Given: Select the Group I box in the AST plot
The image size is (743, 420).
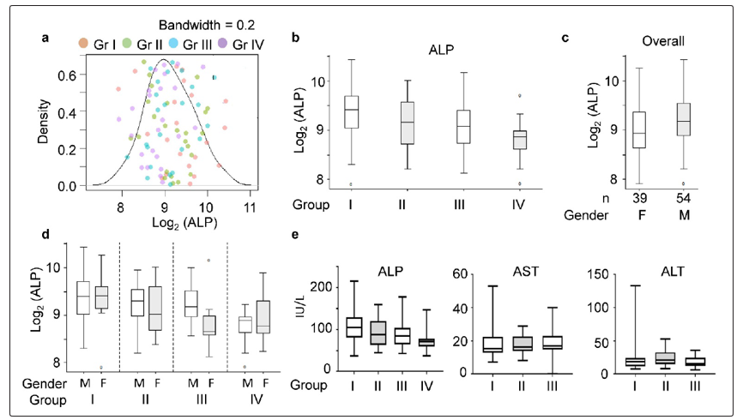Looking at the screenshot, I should pyautogui.click(x=467, y=344).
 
